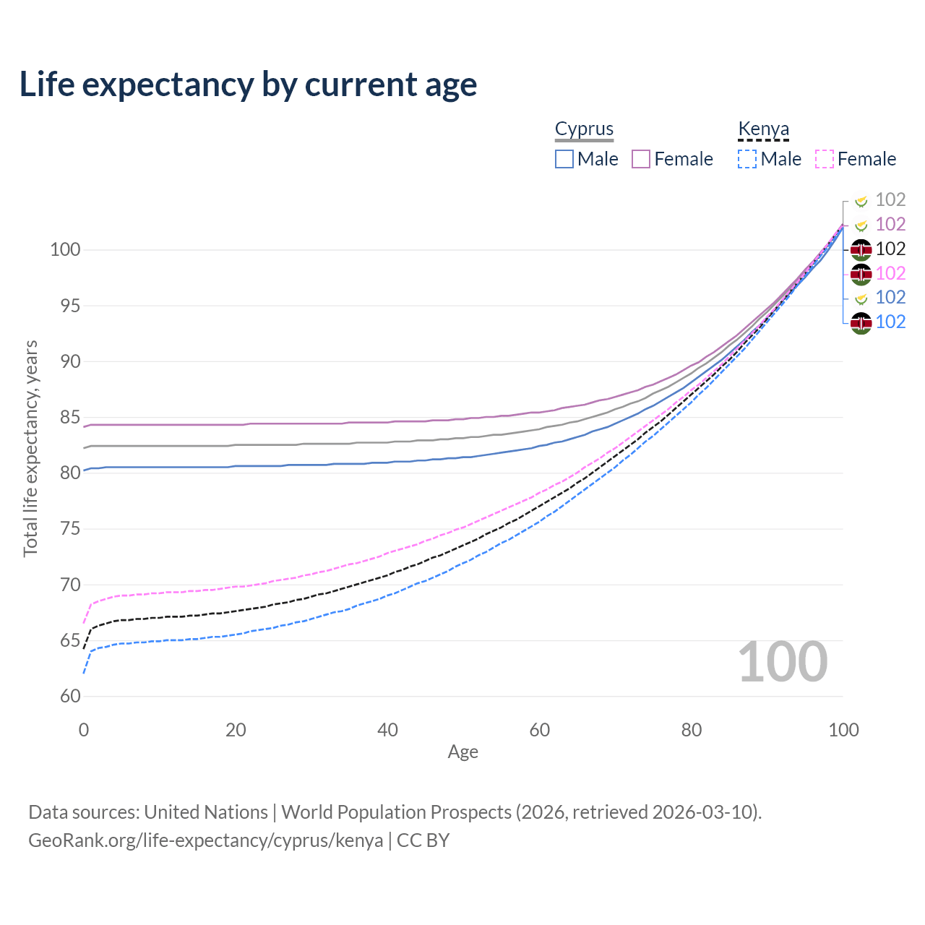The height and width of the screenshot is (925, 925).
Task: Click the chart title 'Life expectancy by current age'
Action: coord(248,85)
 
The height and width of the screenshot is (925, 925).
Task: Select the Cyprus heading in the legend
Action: coord(584,129)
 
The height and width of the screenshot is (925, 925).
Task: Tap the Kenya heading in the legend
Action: coord(763,129)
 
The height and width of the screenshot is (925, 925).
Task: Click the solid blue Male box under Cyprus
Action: coord(564,159)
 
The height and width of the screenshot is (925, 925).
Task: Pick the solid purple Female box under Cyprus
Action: coord(641,159)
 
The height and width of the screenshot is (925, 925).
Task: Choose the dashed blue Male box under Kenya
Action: coord(747,159)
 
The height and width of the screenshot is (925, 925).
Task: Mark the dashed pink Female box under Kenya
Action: coord(825,159)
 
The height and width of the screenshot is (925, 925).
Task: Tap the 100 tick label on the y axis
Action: coord(65,250)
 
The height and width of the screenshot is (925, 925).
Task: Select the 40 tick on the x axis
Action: coord(388,730)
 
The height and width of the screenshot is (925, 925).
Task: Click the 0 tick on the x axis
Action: coord(84,730)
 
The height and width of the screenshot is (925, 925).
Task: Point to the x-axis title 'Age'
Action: coord(462,752)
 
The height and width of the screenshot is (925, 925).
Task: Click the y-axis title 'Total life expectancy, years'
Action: coord(30,449)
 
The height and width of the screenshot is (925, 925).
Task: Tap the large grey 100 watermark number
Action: coord(783,662)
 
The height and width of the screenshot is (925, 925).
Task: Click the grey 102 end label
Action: coord(890,199)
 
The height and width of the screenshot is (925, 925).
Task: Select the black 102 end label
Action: coord(890,249)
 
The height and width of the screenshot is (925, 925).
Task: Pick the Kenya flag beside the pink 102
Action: coord(861,274)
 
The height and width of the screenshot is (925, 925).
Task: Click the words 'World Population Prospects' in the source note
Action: coord(396,812)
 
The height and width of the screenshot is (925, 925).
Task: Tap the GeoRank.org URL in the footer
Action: coord(206,840)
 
